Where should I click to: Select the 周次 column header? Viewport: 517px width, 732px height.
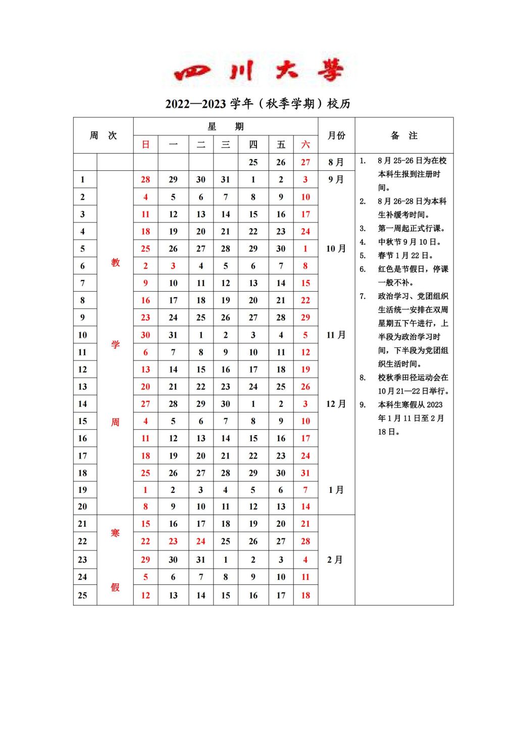pyautogui.click(x=103, y=135)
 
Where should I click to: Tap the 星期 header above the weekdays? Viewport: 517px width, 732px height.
pyautogui.click(x=225, y=126)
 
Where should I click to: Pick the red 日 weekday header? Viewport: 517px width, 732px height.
pyautogui.click(x=145, y=145)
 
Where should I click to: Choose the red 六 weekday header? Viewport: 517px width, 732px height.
pyautogui.click(x=305, y=145)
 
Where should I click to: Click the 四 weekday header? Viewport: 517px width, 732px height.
pyautogui.click(x=253, y=145)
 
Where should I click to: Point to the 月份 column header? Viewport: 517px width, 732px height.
pyautogui.click(x=336, y=135)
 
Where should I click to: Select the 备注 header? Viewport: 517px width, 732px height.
pyautogui.click(x=404, y=135)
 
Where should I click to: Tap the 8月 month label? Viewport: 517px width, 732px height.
pyautogui.click(x=336, y=162)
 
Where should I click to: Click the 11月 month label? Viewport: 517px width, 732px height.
pyautogui.click(x=336, y=335)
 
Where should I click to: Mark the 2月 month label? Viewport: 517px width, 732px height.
pyautogui.click(x=335, y=560)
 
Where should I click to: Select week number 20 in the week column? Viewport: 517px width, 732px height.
pyautogui.click(x=83, y=507)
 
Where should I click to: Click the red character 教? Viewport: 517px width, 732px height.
pyautogui.click(x=116, y=262)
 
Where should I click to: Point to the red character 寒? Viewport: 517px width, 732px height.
pyautogui.click(x=115, y=533)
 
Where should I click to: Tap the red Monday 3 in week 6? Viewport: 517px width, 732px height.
pyautogui.click(x=173, y=266)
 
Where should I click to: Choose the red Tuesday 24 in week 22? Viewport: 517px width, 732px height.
pyautogui.click(x=200, y=541)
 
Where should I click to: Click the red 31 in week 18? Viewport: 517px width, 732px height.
pyautogui.click(x=305, y=473)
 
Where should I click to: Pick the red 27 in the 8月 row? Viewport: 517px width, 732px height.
pyautogui.click(x=305, y=162)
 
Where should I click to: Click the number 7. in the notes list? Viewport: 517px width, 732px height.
pyautogui.click(x=363, y=296)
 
